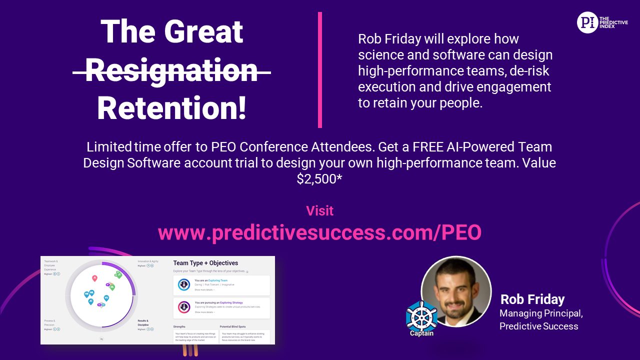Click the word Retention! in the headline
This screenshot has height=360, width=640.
(172, 108)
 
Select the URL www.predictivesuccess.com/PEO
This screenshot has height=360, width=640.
(319, 232)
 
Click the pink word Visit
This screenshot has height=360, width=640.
(319, 210)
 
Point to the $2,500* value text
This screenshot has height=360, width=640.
(319, 179)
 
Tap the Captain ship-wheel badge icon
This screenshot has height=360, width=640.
(421, 317)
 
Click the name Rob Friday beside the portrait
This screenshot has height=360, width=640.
(532, 299)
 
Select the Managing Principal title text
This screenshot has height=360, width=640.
(541, 313)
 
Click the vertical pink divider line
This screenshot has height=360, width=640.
(320, 70)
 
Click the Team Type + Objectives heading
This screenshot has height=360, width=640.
(205, 263)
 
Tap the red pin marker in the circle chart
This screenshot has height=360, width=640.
(94, 277)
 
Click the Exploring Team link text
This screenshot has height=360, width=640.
(217, 280)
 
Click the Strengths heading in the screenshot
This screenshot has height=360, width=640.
(179, 326)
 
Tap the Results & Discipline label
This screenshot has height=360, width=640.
(143, 322)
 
